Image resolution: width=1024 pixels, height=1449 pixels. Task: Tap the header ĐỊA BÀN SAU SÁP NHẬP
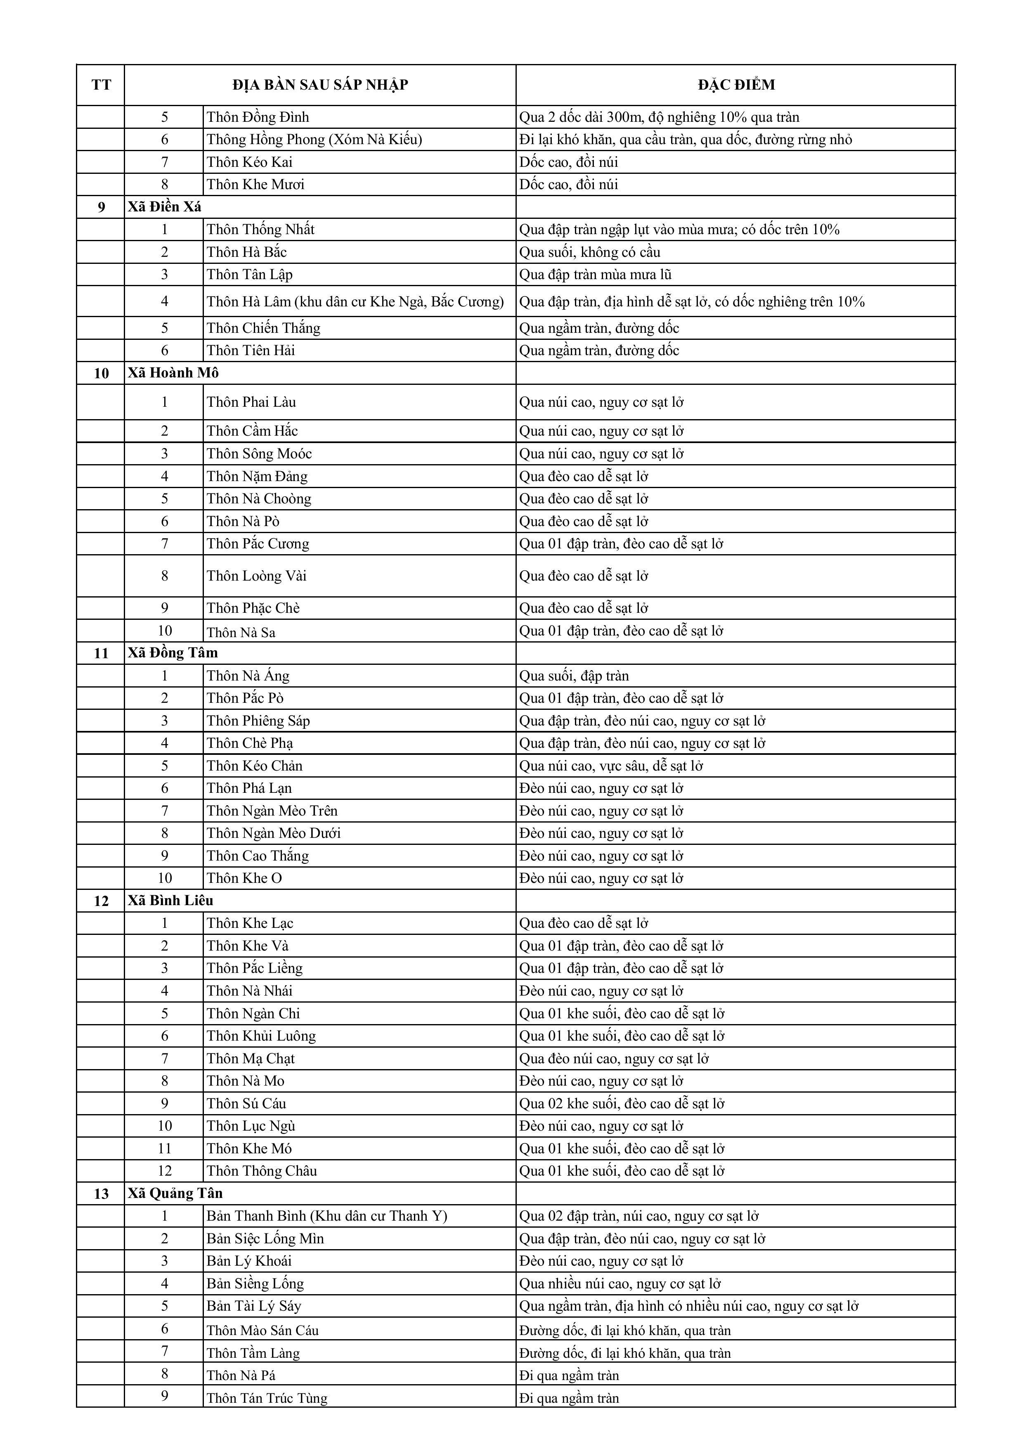point(320,85)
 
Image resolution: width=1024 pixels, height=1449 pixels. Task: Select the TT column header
point(101,85)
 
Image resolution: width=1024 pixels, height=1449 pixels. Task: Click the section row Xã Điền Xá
point(165,207)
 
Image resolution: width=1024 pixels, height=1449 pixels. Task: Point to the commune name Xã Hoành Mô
point(173,373)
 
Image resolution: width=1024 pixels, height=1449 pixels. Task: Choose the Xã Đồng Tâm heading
point(173,652)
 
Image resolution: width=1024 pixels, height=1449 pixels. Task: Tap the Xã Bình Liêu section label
point(171,901)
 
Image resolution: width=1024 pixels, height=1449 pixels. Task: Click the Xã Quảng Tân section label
point(175,1193)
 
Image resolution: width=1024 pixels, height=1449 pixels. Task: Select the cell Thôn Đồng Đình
point(258,117)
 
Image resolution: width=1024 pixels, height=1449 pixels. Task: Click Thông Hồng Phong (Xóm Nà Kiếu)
point(314,140)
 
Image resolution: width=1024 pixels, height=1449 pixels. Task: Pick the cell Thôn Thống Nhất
point(260,230)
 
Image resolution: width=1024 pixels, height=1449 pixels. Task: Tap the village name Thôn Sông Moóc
point(259,454)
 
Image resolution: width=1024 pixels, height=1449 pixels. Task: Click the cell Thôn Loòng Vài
point(257,576)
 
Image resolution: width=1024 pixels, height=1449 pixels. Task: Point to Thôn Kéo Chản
point(255,766)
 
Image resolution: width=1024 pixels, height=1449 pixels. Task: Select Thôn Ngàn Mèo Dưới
point(274,833)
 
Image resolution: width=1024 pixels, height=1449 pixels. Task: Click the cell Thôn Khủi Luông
point(261,1036)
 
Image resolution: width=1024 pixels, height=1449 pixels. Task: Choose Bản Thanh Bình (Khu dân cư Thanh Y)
point(327,1216)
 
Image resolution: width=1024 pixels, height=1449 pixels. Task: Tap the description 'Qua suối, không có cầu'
point(590,252)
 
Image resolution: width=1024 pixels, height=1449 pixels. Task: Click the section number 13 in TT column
point(101,1193)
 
